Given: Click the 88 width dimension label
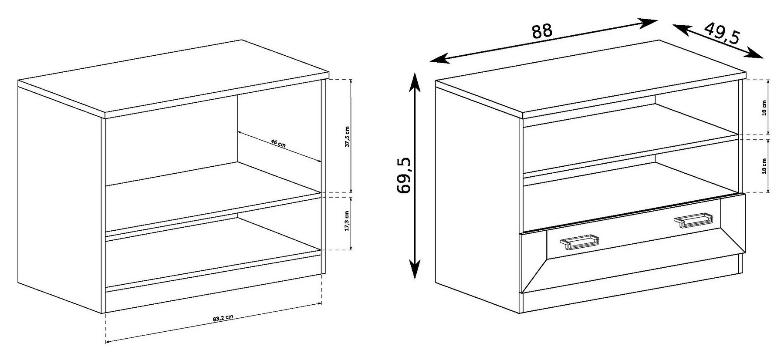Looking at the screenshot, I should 542,31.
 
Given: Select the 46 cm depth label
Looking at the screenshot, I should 278,143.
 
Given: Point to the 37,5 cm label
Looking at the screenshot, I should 347,137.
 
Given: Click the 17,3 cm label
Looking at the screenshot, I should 347,221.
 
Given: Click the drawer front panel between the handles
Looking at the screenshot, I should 636,235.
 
